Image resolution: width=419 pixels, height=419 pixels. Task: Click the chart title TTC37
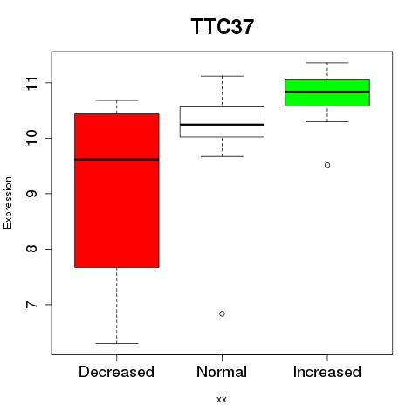click(223, 26)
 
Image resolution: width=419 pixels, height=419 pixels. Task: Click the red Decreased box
click(117, 190)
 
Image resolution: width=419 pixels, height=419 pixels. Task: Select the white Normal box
click(222, 122)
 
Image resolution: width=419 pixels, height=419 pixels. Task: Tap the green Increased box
click(327, 93)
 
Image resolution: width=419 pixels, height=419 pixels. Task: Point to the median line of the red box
click(117, 160)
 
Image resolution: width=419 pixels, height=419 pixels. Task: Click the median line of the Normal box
click(222, 125)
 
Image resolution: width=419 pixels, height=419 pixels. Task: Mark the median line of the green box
click(327, 92)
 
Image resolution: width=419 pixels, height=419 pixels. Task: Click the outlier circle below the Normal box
click(222, 313)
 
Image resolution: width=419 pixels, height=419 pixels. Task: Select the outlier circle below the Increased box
click(327, 165)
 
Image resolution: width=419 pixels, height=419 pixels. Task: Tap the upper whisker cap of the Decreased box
click(117, 100)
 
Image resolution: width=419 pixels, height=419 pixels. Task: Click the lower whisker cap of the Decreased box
click(117, 343)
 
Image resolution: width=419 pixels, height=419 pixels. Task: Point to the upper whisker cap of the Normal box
click(222, 76)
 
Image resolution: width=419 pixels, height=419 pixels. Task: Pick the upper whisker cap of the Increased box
click(327, 63)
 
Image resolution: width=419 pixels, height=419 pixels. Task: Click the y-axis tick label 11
click(31, 83)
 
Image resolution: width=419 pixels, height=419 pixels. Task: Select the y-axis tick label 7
click(31, 305)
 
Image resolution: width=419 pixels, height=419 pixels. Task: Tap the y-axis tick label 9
click(31, 194)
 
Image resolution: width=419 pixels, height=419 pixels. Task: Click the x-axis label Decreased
click(116, 372)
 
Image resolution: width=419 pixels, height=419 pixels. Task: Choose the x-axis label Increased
click(327, 372)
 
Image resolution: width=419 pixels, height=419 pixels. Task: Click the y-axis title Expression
click(8, 203)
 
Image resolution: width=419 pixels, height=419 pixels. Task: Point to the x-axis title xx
click(222, 400)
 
